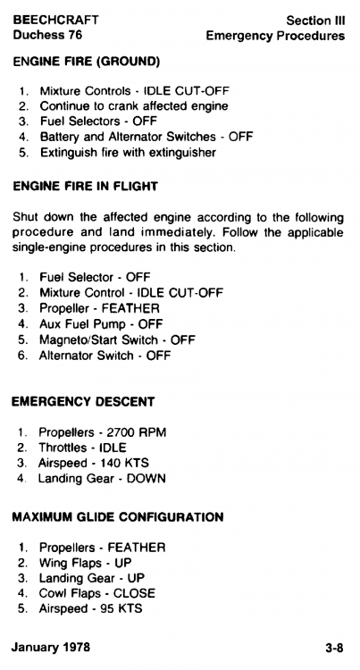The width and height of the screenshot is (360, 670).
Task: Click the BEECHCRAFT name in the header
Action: pos(56,20)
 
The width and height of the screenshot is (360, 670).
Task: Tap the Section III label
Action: pos(315,21)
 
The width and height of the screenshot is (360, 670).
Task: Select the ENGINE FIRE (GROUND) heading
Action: pos(87,62)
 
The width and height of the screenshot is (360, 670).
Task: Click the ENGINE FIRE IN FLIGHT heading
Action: pos(86,187)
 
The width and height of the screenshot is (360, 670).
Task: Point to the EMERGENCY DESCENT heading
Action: pos(83,402)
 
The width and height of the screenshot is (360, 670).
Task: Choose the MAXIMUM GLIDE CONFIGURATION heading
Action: pos(118,517)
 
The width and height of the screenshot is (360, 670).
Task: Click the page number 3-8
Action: pos(334,648)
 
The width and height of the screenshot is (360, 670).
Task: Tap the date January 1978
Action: pos(51,647)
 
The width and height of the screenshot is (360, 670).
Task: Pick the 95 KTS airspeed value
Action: pos(121,608)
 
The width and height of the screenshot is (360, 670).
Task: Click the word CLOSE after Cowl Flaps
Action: pos(134,593)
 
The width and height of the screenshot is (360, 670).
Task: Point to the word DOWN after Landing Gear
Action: pos(146,479)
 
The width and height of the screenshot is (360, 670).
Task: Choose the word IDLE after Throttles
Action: pos(113,448)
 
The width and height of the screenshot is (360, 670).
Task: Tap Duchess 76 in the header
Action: pos(47,35)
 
